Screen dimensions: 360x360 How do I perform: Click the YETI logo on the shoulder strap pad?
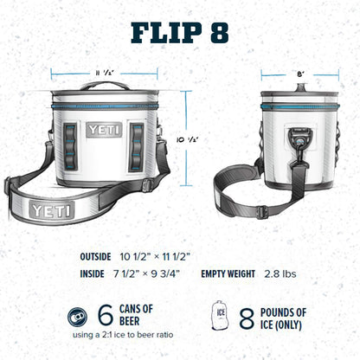(x=47, y=209)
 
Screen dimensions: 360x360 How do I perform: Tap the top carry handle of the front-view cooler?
(x=103, y=86)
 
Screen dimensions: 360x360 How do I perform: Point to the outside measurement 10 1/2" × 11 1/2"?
(x=156, y=255)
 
